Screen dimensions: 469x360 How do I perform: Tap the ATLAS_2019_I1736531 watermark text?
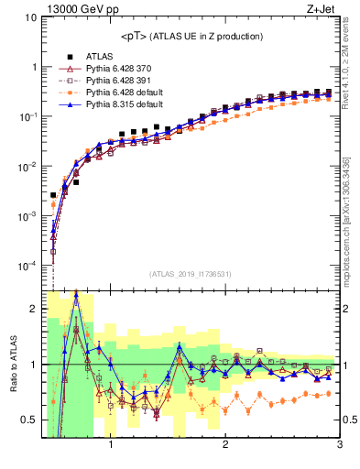[191, 275]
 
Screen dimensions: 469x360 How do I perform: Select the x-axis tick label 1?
[111, 446]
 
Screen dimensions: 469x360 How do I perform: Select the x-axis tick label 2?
[225, 446]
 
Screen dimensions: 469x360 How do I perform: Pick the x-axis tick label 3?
[339, 446]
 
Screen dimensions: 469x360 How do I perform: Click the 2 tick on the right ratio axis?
[348, 309]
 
